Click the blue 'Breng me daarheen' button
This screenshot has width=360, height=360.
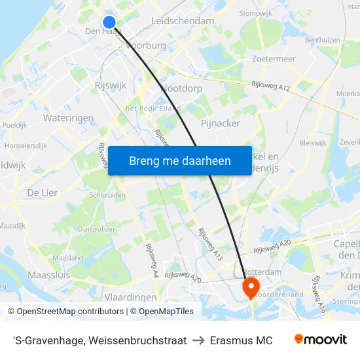pyautogui.click(x=180, y=160)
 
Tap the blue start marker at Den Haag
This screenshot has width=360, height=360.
pyautogui.click(x=109, y=22)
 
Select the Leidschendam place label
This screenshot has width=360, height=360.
pyautogui.click(x=183, y=21)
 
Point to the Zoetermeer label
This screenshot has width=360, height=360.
pyautogui.click(x=274, y=59)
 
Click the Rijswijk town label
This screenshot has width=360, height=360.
pyautogui.click(x=110, y=85)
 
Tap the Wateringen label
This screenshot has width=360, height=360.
pyautogui.click(x=68, y=118)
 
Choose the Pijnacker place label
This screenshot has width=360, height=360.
pyautogui.click(x=220, y=123)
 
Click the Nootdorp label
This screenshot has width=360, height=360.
pyautogui.click(x=181, y=88)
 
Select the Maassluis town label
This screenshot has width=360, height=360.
pyautogui.click(x=48, y=276)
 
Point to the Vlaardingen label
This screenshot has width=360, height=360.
pyautogui.click(x=130, y=297)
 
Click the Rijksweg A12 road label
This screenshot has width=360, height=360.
pyautogui.click(x=271, y=85)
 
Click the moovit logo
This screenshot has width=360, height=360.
pyautogui.click(x=320, y=340)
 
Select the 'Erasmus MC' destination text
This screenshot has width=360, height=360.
pyautogui.click(x=246, y=340)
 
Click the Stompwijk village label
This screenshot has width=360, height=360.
pyautogui.click(x=256, y=12)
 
